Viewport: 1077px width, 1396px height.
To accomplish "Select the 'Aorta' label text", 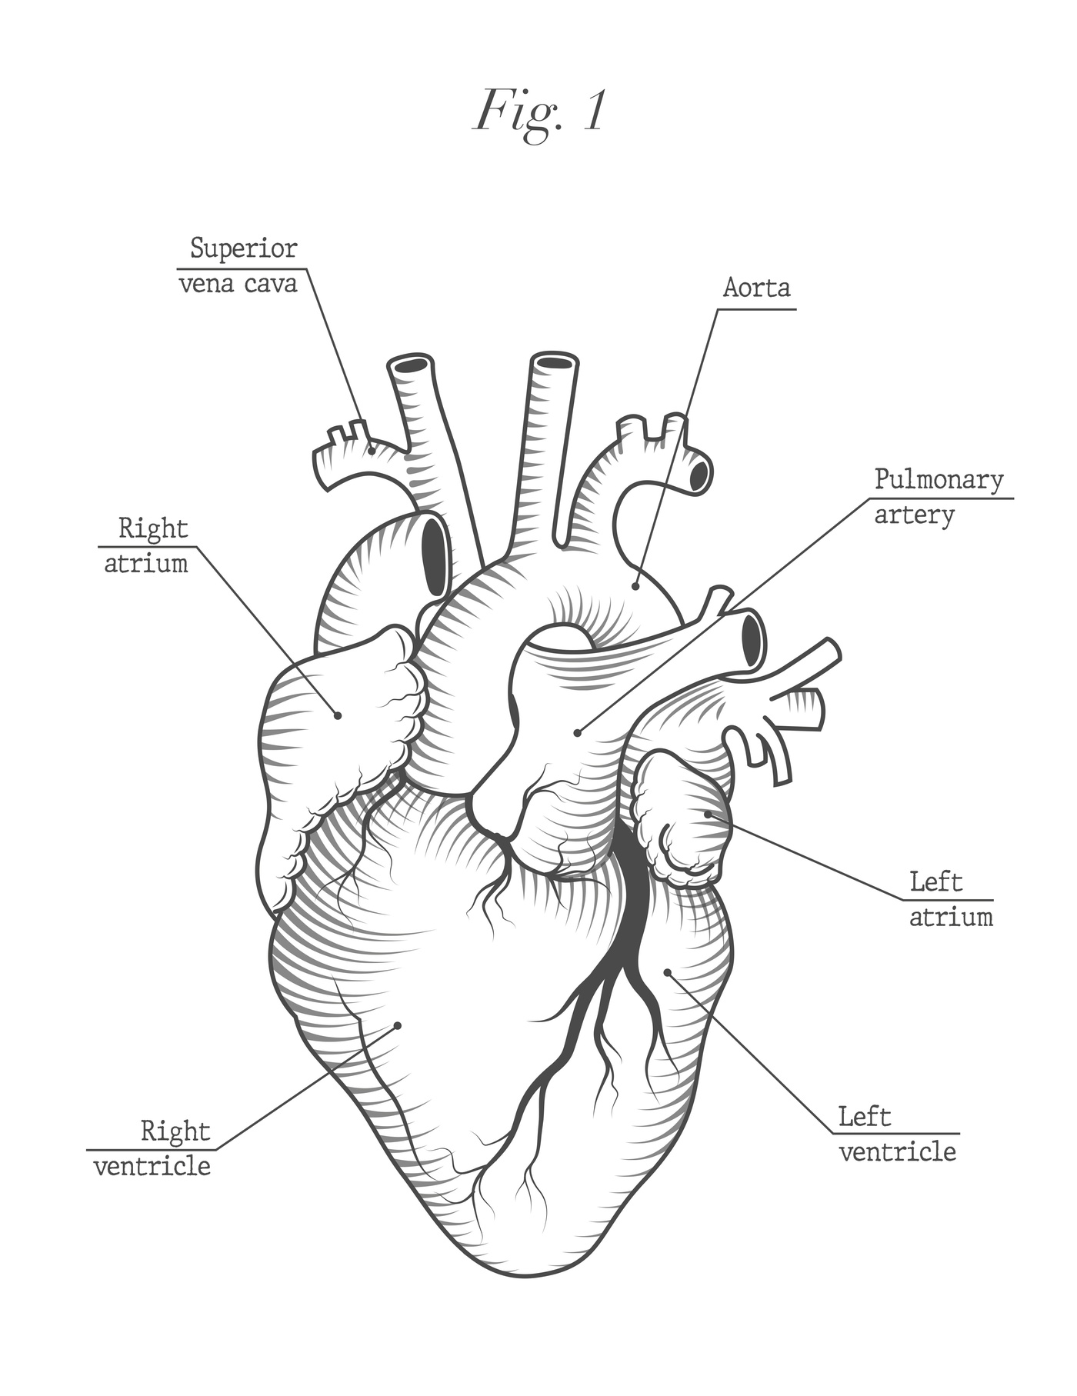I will point(756,288).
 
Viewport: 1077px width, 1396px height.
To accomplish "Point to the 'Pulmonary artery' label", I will point(939,497).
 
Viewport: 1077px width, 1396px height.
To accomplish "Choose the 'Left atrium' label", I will point(951,898).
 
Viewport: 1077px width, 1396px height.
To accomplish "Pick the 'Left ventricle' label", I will point(897,1134).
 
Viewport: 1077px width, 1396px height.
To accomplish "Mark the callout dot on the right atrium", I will point(337,715).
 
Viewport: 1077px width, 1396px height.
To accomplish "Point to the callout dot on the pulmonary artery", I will point(577,733).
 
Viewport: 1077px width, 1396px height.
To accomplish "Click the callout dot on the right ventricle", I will point(398,1025).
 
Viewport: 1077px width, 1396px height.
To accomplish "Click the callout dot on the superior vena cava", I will point(372,451).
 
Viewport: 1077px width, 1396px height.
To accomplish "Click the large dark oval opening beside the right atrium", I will point(435,554).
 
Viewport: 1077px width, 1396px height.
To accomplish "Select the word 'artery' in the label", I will point(914,515).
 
